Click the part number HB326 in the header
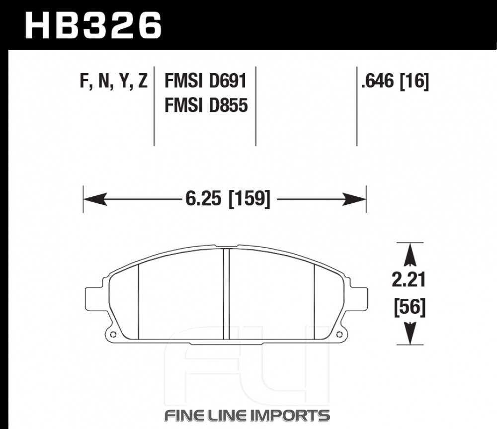(93, 25)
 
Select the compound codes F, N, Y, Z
(113, 81)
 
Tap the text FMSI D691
(205, 81)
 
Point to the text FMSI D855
(206, 105)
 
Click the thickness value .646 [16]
(395, 81)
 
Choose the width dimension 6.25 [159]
(228, 199)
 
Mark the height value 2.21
(409, 280)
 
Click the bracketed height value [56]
(410, 307)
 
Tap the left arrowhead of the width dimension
(95, 199)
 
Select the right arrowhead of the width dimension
(354, 199)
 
